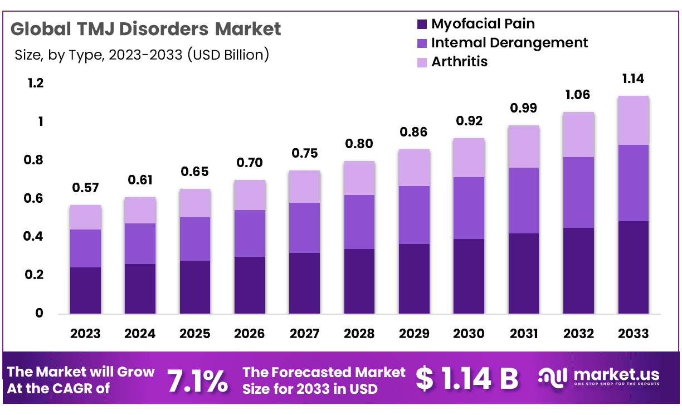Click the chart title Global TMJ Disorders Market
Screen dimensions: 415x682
(146, 28)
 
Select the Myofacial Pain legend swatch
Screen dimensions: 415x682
(422, 25)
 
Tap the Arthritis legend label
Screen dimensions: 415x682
(459, 61)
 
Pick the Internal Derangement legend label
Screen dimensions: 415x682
(509, 42)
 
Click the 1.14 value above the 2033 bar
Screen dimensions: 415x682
(633, 79)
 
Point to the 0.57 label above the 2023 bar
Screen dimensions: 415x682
(85, 188)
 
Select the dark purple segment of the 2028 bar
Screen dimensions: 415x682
(359, 281)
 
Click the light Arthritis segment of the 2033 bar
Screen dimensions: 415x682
(633, 120)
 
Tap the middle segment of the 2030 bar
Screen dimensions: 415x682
(469, 208)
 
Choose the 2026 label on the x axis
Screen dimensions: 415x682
(250, 334)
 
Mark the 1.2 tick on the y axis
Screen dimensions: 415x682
(35, 84)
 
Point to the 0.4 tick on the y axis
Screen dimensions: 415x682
(35, 237)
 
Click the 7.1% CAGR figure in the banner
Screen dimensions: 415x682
(198, 382)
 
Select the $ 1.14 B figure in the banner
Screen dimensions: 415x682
(467, 379)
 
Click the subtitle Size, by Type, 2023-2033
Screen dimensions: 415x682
(142, 55)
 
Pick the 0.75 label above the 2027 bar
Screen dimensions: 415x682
(304, 153)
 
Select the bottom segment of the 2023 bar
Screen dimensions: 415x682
(85, 290)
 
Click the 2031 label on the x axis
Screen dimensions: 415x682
(524, 334)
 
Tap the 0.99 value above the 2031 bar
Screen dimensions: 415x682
(524, 108)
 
